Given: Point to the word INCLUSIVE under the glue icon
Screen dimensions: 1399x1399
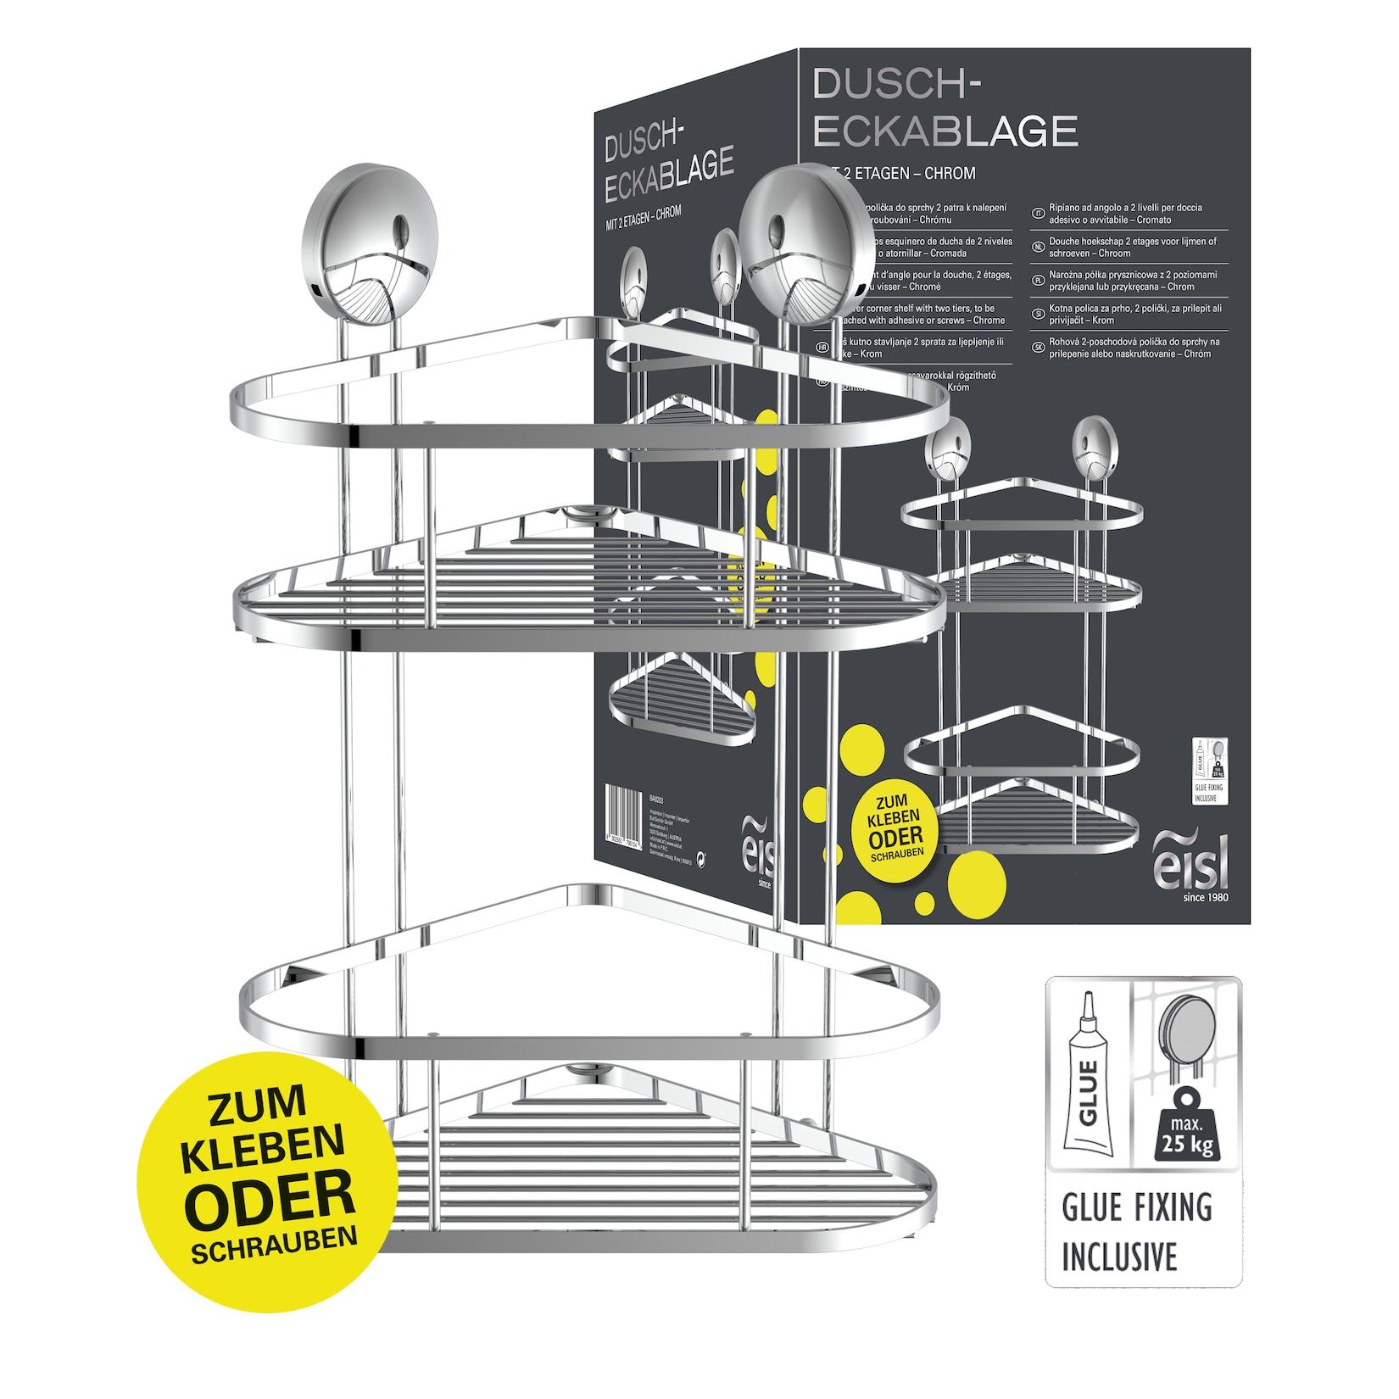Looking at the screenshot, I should point(1141,1255).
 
